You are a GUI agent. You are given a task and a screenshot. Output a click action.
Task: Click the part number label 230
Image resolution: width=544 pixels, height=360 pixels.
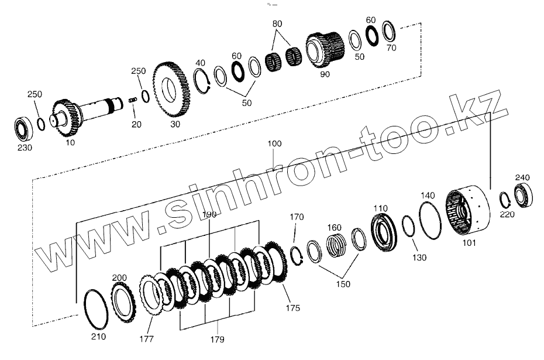(24, 148)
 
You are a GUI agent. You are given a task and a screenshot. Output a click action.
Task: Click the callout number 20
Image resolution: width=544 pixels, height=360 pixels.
(136, 125)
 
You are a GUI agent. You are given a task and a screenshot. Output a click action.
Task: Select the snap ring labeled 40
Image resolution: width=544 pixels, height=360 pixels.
(202, 79)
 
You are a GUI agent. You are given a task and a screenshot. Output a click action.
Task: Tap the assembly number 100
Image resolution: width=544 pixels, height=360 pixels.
(275, 143)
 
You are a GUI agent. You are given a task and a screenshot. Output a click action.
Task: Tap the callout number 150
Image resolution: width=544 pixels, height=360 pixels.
(343, 284)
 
